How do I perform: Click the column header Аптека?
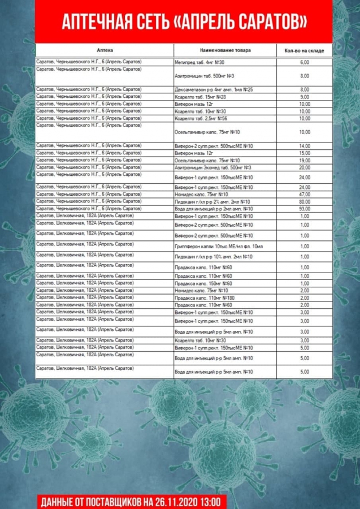[105, 50]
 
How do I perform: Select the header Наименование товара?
[225, 50]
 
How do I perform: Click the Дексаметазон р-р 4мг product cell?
[214, 89]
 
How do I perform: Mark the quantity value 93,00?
[305, 209]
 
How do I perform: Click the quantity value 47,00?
[305, 194]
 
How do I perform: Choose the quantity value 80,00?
[305, 201]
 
